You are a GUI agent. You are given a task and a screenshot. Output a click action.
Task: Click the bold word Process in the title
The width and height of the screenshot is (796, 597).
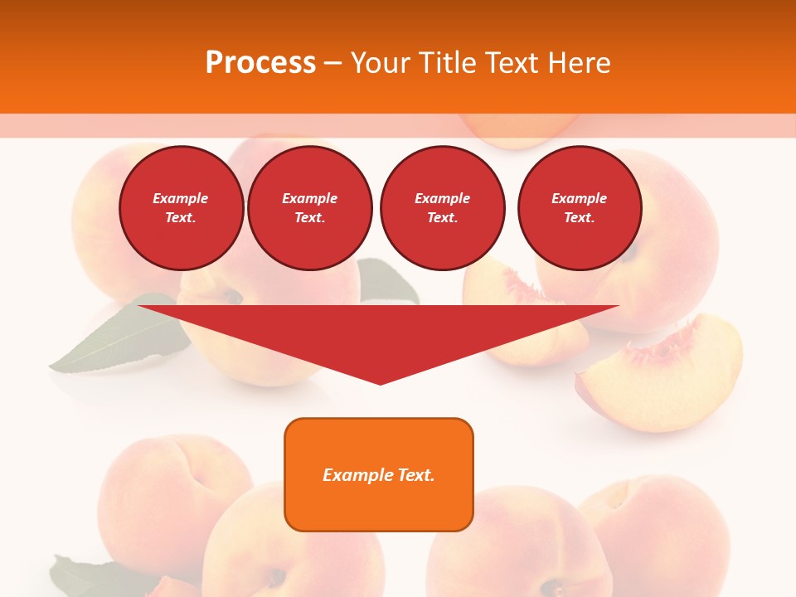coord(260,63)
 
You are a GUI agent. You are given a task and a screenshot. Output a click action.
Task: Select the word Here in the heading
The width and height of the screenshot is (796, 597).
coord(577,63)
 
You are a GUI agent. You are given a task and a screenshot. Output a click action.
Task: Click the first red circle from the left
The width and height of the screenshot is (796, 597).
coord(181,208)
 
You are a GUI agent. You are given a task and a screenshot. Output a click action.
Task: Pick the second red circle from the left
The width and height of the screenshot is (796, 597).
coord(309,208)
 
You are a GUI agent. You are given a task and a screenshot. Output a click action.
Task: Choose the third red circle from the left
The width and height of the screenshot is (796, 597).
coord(442,208)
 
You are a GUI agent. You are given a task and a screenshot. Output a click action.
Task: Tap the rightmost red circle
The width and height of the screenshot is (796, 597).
coord(579,208)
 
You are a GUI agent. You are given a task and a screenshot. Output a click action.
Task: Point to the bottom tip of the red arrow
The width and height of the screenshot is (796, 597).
coord(380,383)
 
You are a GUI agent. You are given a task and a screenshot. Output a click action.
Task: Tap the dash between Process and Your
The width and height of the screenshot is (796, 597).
coord(333,63)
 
